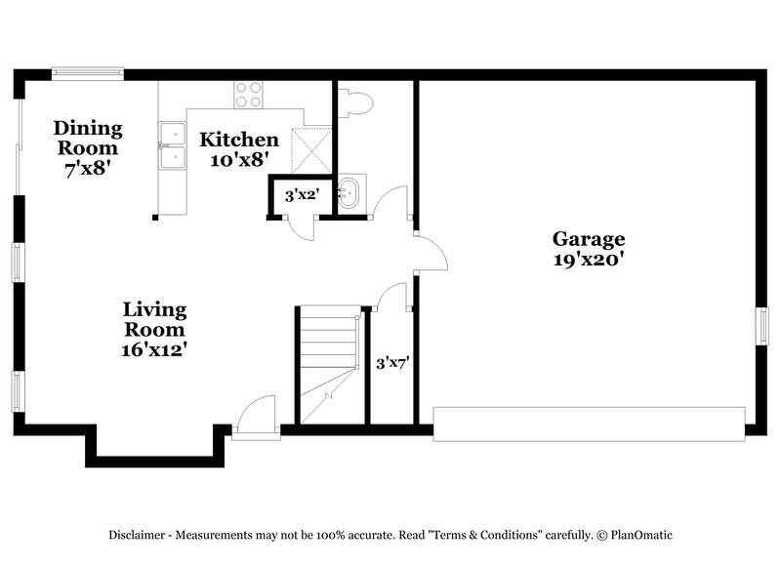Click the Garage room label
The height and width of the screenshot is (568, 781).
[589, 238]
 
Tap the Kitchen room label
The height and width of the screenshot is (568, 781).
[239, 140]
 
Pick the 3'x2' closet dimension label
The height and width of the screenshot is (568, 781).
[301, 195]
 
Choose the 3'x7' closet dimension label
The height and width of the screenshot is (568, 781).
[392, 363]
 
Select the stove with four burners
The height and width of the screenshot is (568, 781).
[248, 95]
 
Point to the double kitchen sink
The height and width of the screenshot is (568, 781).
[173, 143]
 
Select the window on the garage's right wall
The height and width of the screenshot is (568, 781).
[762, 326]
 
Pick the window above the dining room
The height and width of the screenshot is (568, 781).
[88, 71]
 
